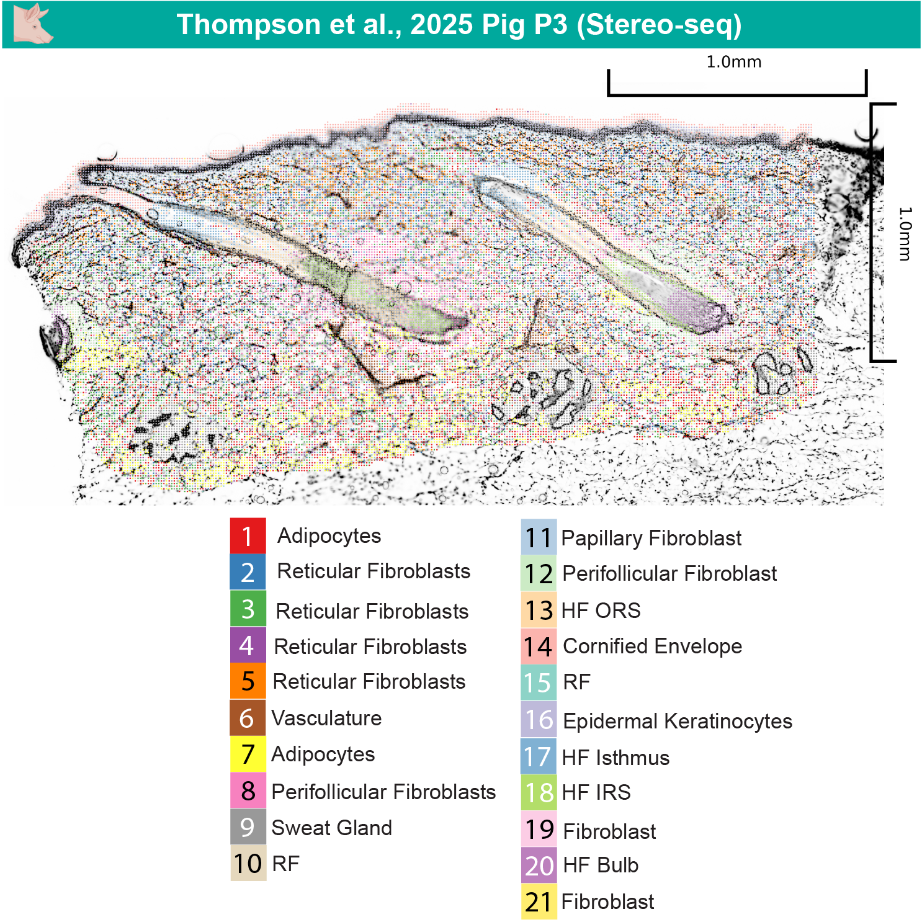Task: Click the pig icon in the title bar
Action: (x=32, y=24)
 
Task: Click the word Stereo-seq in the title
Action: (x=659, y=25)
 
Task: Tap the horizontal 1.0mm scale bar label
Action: (x=733, y=62)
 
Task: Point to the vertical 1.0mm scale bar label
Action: (x=905, y=233)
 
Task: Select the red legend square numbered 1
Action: (x=248, y=535)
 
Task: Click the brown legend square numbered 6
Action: (x=248, y=718)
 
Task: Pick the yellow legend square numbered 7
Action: (x=248, y=754)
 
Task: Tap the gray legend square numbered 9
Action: (x=248, y=827)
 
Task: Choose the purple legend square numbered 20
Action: (x=539, y=865)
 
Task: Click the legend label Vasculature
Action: (x=326, y=718)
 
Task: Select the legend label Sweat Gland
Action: (x=331, y=828)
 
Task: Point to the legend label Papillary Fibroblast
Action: (x=651, y=538)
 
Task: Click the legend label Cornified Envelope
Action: (x=652, y=646)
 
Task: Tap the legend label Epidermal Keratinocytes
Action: (x=677, y=721)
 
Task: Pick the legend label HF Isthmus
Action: (x=615, y=758)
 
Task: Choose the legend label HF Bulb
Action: (x=600, y=865)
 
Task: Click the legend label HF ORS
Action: (x=600, y=611)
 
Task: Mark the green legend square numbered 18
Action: (x=539, y=792)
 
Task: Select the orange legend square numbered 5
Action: (x=248, y=681)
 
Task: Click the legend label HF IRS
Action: (x=596, y=792)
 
